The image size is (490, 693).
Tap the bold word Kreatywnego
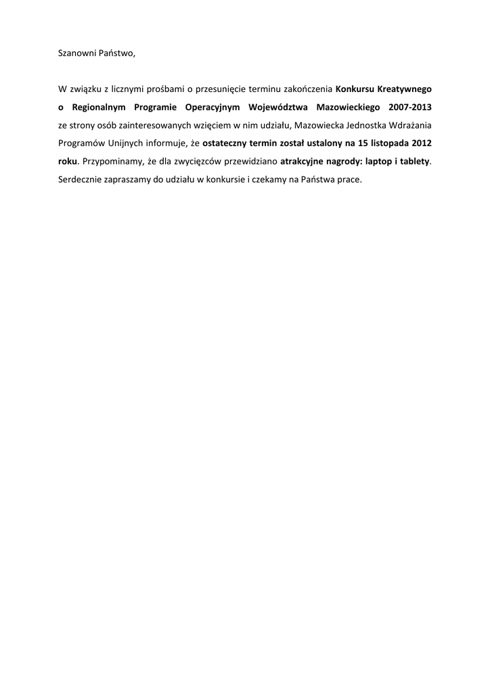[405, 89]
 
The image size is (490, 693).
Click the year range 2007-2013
[409, 107]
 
